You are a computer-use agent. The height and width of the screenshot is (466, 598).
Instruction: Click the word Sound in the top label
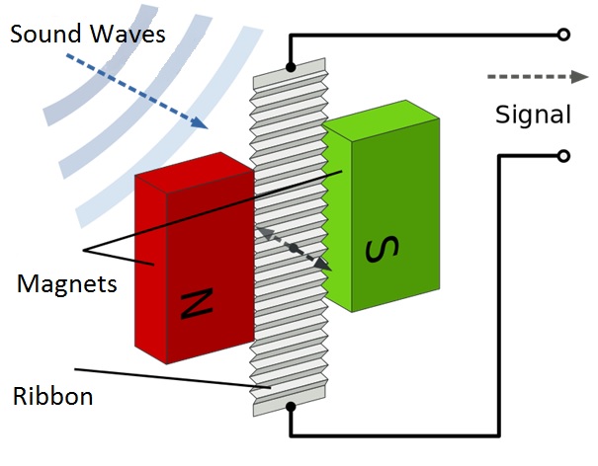[x=45, y=34]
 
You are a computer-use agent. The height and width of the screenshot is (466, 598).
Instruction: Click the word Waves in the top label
[x=128, y=34]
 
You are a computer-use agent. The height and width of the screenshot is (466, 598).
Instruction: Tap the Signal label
[x=533, y=115]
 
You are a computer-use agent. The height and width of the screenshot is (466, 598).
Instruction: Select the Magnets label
[x=67, y=284]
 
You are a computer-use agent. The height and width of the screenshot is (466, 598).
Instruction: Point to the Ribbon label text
[x=53, y=396]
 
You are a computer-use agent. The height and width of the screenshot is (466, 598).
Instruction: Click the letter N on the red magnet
[x=197, y=304]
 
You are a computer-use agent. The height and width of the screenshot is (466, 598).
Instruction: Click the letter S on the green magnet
[x=383, y=249]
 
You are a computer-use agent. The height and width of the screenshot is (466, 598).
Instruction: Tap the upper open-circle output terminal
[x=563, y=35]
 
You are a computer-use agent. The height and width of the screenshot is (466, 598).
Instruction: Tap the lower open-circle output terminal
[x=563, y=156]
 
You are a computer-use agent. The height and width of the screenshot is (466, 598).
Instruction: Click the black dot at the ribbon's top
[x=291, y=68]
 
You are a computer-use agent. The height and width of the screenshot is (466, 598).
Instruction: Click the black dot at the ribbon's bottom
[x=291, y=407]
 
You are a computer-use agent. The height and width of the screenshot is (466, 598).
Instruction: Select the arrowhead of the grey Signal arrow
[x=579, y=77]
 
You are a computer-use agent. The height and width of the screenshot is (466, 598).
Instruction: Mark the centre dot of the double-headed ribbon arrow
[x=293, y=249]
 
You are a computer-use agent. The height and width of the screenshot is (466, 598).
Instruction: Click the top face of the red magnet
[x=195, y=173]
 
